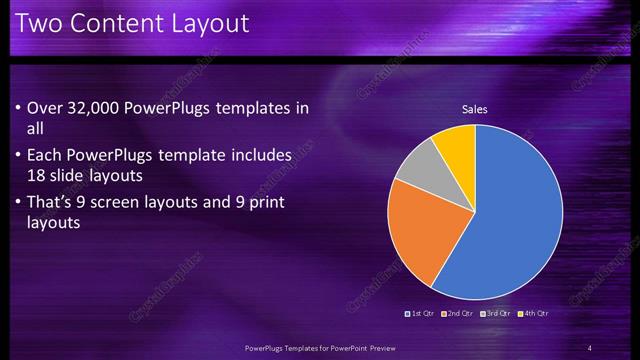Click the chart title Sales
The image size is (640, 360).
tap(474, 109)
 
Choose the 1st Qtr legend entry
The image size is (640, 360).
tap(421, 313)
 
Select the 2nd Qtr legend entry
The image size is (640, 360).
tap(458, 313)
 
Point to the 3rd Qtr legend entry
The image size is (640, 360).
tap(497, 313)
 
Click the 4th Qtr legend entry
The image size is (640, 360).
tap(534, 313)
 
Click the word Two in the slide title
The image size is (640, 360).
tap(39, 22)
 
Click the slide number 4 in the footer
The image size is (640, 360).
tap(590, 347)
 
